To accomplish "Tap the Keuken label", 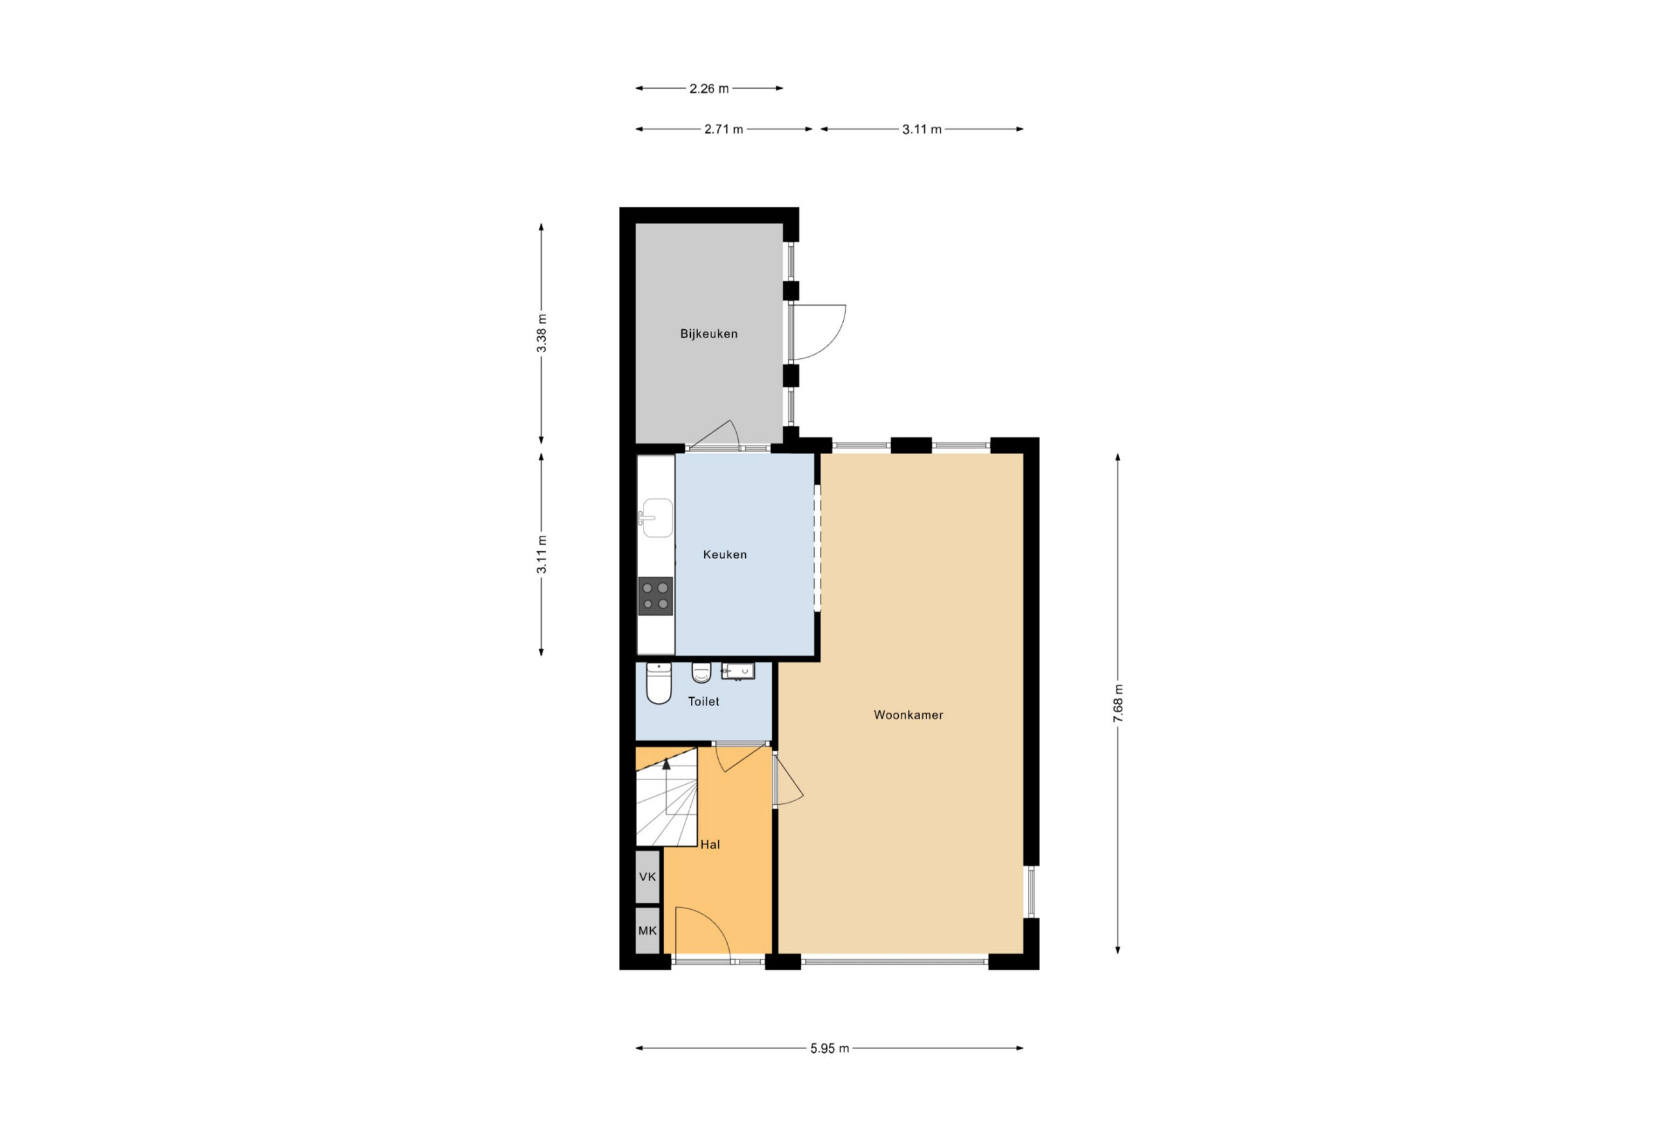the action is click(725, 555).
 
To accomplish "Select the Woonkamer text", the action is click(908, 715).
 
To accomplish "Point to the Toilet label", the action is click(703, 702).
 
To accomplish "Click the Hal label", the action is click(710, 844).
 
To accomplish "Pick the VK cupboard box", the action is click(647, 877).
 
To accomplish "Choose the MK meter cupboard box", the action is click(647, 930).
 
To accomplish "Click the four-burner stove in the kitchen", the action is click(655, 596).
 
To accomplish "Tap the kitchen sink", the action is click(655, 518).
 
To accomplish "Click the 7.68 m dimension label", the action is click(1118, 704).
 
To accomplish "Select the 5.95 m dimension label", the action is click(829, 1048).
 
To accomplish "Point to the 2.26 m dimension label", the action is click(709, 89).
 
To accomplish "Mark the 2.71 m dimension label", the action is click(723, 129).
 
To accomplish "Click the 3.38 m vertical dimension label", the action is click(542, 333).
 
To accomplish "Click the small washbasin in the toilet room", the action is click(737, 672).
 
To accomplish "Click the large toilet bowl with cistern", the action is click(658, 683).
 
